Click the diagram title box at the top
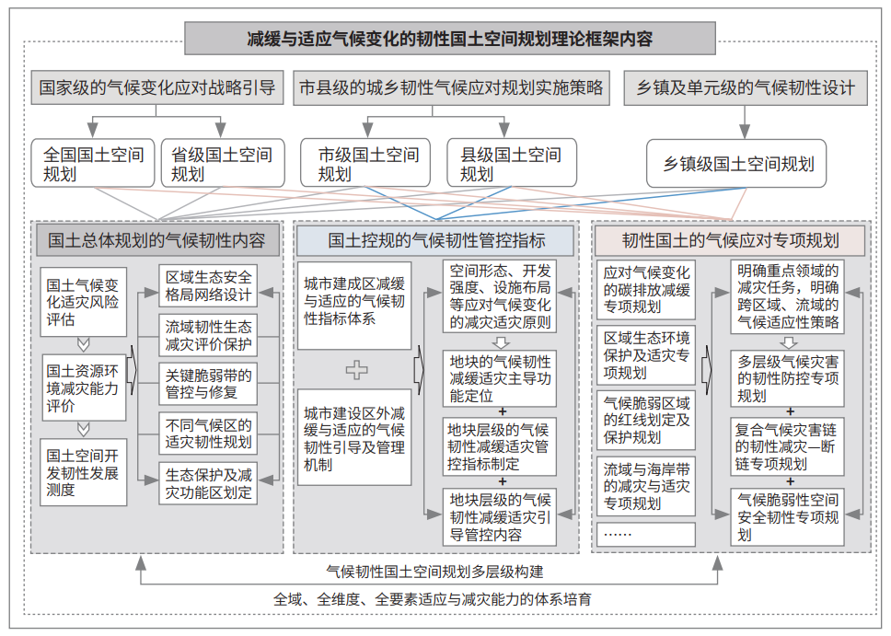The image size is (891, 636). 449,38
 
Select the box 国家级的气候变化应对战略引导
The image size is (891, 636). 156,87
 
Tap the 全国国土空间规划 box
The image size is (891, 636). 93,163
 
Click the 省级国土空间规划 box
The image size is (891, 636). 223,163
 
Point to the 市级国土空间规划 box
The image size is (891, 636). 365,163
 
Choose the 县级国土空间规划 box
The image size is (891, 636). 512,163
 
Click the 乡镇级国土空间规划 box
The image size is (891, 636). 736,164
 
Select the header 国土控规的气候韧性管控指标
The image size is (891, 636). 436,240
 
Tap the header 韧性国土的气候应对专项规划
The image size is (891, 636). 730,240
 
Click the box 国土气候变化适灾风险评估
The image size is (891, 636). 83,302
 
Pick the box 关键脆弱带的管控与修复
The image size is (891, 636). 208,384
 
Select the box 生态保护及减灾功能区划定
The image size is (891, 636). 208,483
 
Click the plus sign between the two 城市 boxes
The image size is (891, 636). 357,370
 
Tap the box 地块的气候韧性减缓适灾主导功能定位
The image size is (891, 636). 500,378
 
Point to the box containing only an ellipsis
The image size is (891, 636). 646,534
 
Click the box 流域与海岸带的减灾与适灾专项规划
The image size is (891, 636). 646,486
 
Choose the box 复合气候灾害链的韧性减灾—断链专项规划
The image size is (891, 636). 788,446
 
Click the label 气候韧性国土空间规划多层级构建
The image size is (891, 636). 434,572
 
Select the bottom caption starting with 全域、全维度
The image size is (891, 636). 433,599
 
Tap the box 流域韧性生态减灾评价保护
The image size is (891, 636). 208,335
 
